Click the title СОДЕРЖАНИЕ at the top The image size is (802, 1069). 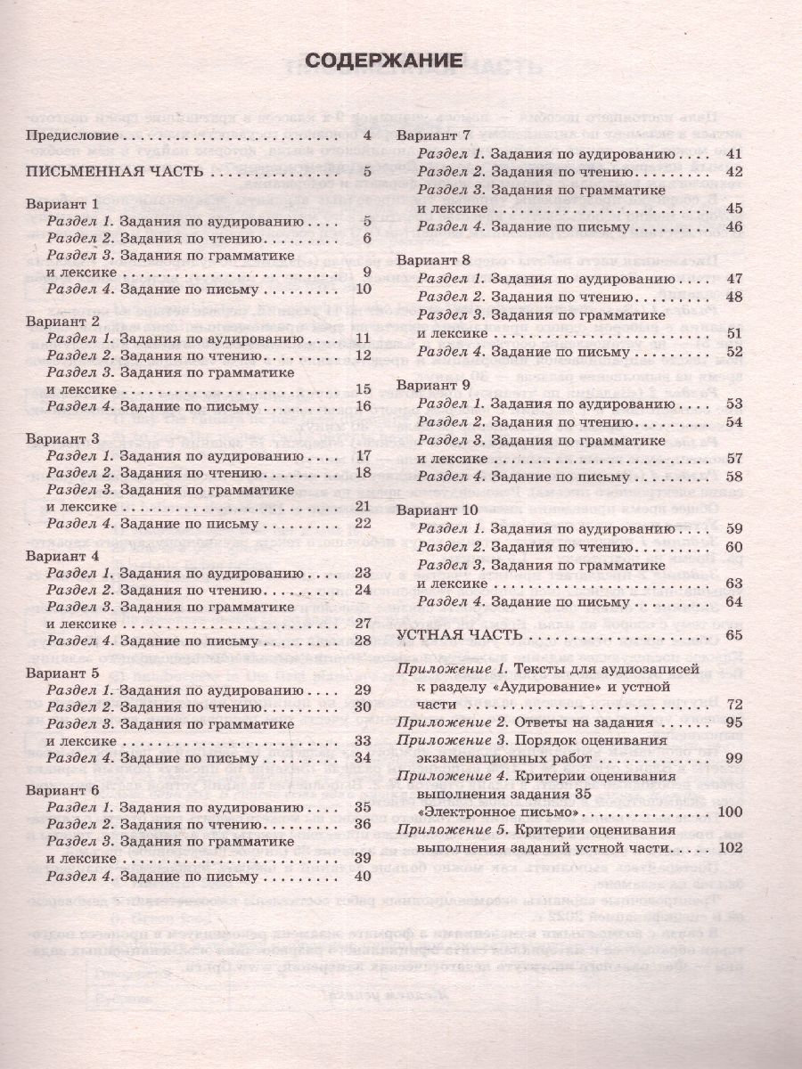[384, 61]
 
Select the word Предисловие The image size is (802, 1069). [72, 135]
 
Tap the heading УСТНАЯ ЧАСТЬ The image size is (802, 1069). [455, 635]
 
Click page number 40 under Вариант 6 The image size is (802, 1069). [361, 876]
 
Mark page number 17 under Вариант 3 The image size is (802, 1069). [362, 456]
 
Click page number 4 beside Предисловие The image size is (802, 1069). [365, 135]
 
